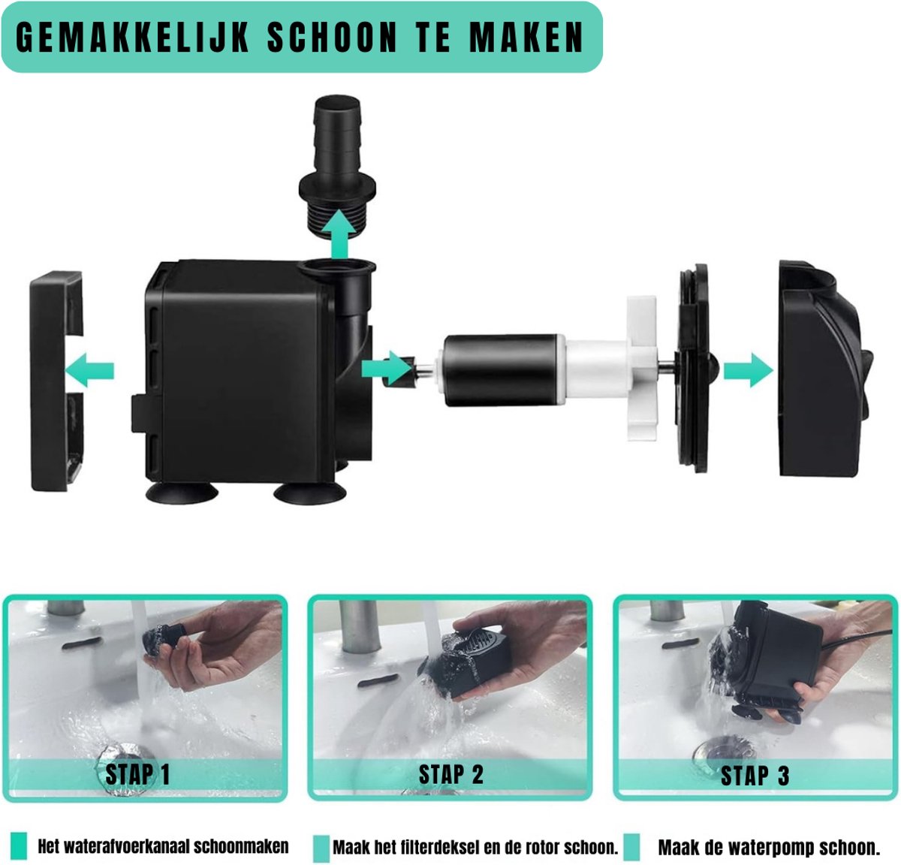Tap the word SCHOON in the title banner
pos(332,37)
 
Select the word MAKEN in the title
pos(526,37)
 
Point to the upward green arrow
pos(339,234)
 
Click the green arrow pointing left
pos(89,370)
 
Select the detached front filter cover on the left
pos(56,381)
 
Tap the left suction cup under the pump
pos(182,493)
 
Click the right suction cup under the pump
pos(310,493)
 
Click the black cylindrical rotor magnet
pos(505,370)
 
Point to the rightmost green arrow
pos(749,370)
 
